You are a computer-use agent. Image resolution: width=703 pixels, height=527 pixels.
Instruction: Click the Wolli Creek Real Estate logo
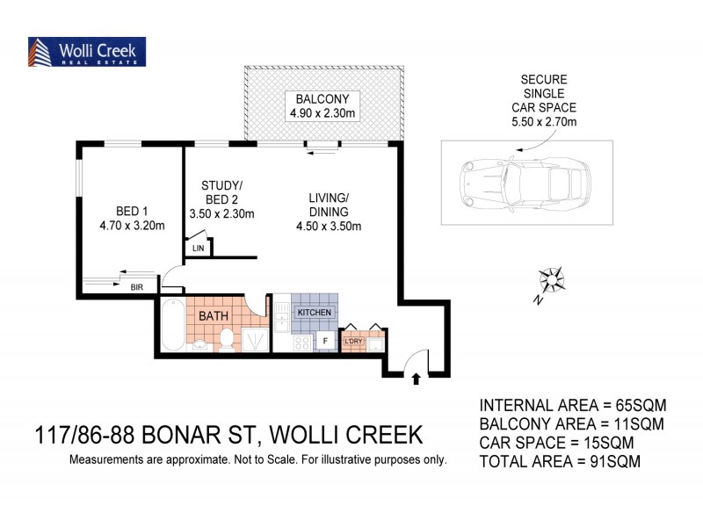click(x=87, y=52)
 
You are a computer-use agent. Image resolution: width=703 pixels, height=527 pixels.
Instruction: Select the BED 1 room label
click(x=132, y=210)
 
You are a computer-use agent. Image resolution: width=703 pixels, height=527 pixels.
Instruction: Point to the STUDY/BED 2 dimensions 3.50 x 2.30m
click(x=222, y=213)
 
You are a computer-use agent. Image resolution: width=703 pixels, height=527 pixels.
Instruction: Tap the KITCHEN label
click(x=314, y=314)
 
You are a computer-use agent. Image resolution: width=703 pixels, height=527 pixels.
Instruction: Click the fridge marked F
click(x=325, y=341)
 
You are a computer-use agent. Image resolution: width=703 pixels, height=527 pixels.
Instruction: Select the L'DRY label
click(x=353, y=341)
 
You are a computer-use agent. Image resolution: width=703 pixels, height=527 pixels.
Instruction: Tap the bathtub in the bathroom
click(x=172, y=325)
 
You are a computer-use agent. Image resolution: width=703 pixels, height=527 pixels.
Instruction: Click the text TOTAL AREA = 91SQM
click(x=559, y=459)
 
